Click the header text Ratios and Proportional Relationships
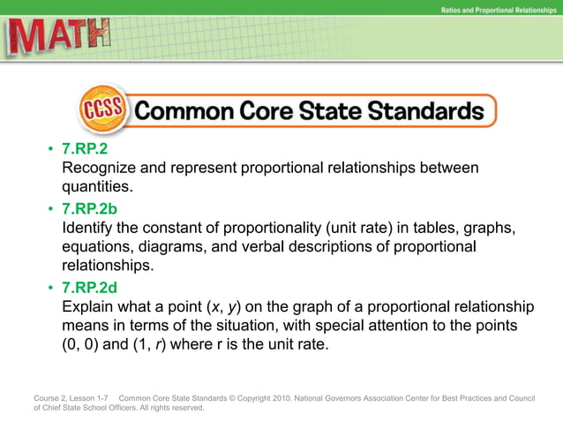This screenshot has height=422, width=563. (497, 9)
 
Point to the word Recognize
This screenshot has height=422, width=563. (100, 168)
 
